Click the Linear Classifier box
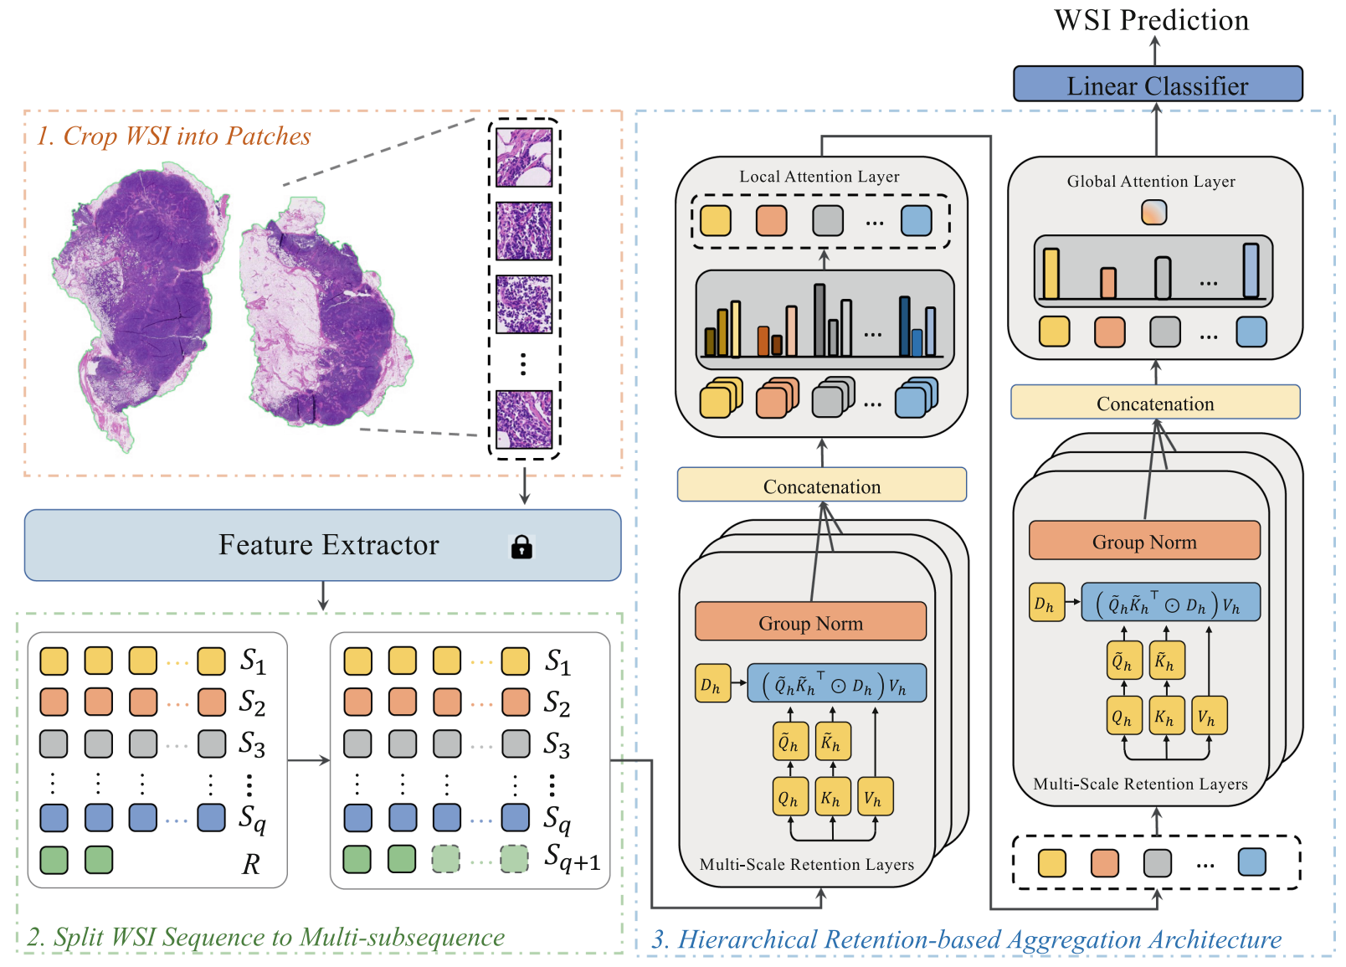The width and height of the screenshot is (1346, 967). click(1158, 85)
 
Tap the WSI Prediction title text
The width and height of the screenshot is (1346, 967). click(1151, 20)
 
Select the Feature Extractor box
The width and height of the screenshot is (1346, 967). click(322, 545)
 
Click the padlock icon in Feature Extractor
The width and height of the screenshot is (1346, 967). click(521, 547)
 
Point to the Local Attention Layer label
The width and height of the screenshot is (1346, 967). click(819, 177)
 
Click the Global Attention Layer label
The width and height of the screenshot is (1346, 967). click(1150, 182)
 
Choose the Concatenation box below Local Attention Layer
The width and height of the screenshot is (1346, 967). click(821, 486)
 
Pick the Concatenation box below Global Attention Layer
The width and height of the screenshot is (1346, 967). click(1154, 403)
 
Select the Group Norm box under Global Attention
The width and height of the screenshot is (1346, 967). click(1143, 541)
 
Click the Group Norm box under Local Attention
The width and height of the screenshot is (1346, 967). click(810, 622)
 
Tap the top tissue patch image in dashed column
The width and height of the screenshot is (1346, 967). click(524, 157)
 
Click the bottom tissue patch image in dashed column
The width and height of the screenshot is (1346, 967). click(524, 419)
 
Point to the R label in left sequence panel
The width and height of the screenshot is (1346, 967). click(250, 864)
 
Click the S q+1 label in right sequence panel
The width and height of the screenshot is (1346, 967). click(572, 858)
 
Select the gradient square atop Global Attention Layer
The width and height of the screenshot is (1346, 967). click(1153, 212)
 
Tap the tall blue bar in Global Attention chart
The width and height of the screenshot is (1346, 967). click(1251, 270)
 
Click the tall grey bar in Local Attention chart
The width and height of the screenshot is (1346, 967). click(819, 320)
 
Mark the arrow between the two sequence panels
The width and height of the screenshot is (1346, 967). click(308, 760)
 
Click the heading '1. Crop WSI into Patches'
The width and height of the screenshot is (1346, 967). click(173, 136)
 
